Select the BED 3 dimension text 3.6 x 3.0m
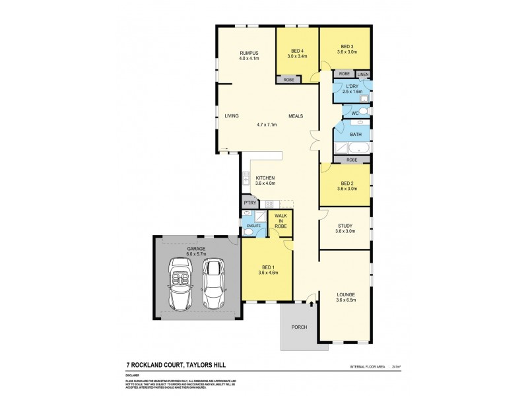(x=346, y=51)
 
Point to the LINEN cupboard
(x=363, y=74)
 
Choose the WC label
(x=354, y=114)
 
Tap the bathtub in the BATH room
(x=360, y=148)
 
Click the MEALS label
(x=295, y=116)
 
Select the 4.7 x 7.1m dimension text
(x=267, y=124)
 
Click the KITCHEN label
(x=265, y=178)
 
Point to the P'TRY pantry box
(x=249, y=203)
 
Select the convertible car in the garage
(x=180, y=283)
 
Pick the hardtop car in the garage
(x=213, y=283)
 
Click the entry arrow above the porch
(x=311, y=304)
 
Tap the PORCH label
(x=300, y=327)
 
